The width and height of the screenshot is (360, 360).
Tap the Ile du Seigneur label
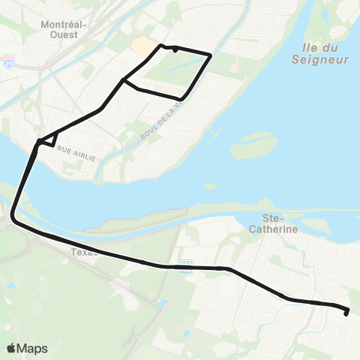(x=314, y=52)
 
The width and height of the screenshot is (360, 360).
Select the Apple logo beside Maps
(x=11, y=349)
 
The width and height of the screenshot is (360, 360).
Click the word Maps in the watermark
(x=32, y=349)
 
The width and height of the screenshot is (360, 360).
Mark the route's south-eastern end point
(x=346, y=313)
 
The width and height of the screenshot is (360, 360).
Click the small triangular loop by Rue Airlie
(x=49, y=139)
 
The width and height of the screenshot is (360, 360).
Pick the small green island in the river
(x=253, y=145)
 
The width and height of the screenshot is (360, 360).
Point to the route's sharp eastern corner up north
(x=211, y=55)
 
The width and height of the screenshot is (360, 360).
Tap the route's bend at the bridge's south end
(x=13, y=218)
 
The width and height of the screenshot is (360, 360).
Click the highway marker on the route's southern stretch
(x=185, y=268)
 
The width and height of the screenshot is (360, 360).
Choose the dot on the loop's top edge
(x=175, y=49)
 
